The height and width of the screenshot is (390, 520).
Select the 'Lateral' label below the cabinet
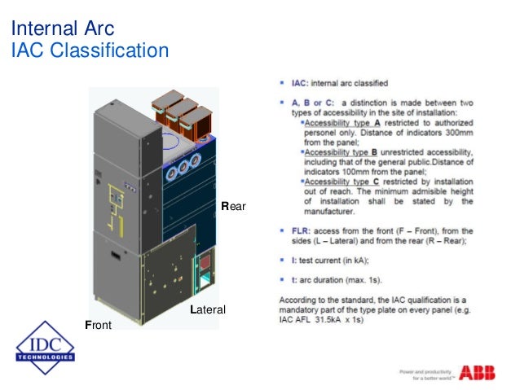[x=207, y=310]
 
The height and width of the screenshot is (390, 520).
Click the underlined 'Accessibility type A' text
[x=342, y=122]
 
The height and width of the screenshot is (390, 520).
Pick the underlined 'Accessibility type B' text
[x=342, y=151]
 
